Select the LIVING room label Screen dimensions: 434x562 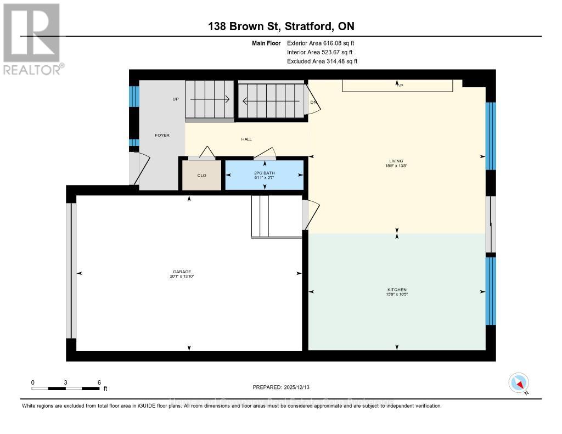[x=396, y=161]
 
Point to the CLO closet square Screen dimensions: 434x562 [x=201, y=175]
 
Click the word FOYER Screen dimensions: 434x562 [x=161, y=134]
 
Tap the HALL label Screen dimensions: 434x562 [x=246, y=139]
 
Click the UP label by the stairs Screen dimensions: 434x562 [x=176, y=99]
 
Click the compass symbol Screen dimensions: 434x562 [x=519, y=382]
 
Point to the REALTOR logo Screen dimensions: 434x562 [x=32, y=38]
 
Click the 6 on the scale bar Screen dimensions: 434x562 [x=99, y=382]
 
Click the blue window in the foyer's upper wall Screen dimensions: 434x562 [x=133, y=97]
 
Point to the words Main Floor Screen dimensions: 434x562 [x=266, y=43]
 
